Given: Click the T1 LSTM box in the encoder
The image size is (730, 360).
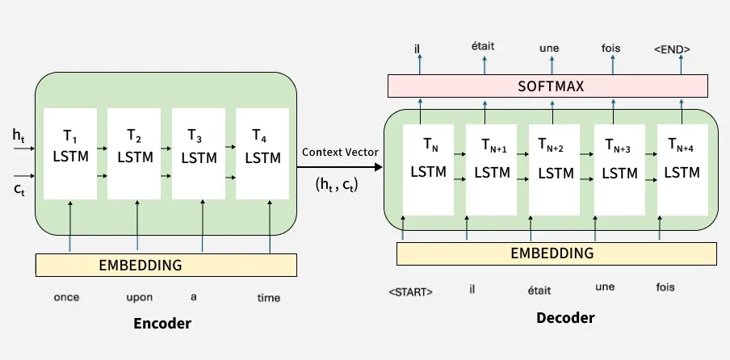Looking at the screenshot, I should (x=69, y=153).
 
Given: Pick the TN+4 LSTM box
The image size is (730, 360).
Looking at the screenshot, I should (x=684, y=170).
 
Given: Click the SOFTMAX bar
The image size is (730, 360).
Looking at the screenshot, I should (x=548, y=86).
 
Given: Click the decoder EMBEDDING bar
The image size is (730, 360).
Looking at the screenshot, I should (x=556, y=253).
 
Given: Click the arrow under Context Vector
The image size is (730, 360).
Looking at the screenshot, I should (x=339, y=167).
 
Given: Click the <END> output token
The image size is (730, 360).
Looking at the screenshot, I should (x=671, y=49).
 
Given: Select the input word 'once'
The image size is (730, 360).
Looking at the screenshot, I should (x=66, y=297).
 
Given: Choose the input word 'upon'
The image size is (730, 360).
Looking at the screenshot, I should (x=140, y=297).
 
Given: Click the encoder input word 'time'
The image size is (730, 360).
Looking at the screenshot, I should (x=269, y=298).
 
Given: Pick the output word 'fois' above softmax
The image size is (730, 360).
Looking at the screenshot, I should (x=610, y=48).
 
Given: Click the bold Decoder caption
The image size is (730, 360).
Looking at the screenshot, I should (x=565, y=318).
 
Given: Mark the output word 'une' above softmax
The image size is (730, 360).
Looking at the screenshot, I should (x=549, y=48).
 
